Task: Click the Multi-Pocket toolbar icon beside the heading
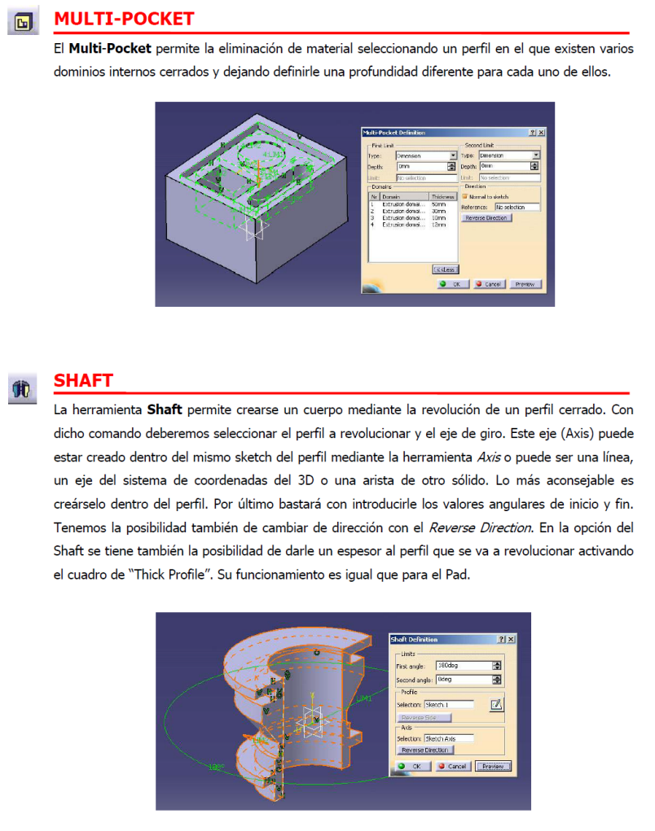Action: pos(22,22)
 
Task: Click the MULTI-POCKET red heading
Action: pos(124,18)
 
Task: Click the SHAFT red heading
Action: pos(83,381)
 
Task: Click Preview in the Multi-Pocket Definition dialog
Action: pos(525,284)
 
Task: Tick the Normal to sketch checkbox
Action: pos(464,196)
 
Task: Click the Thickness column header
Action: pos(442,196)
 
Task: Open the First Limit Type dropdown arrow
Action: pos(453,155)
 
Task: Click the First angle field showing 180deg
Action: pos(464,665)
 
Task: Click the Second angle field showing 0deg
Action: pos(464,680)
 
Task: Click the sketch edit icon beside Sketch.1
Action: pos(495,704)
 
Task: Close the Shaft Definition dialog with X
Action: pos(511,639)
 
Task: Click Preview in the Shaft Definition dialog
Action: pos(493,766)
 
